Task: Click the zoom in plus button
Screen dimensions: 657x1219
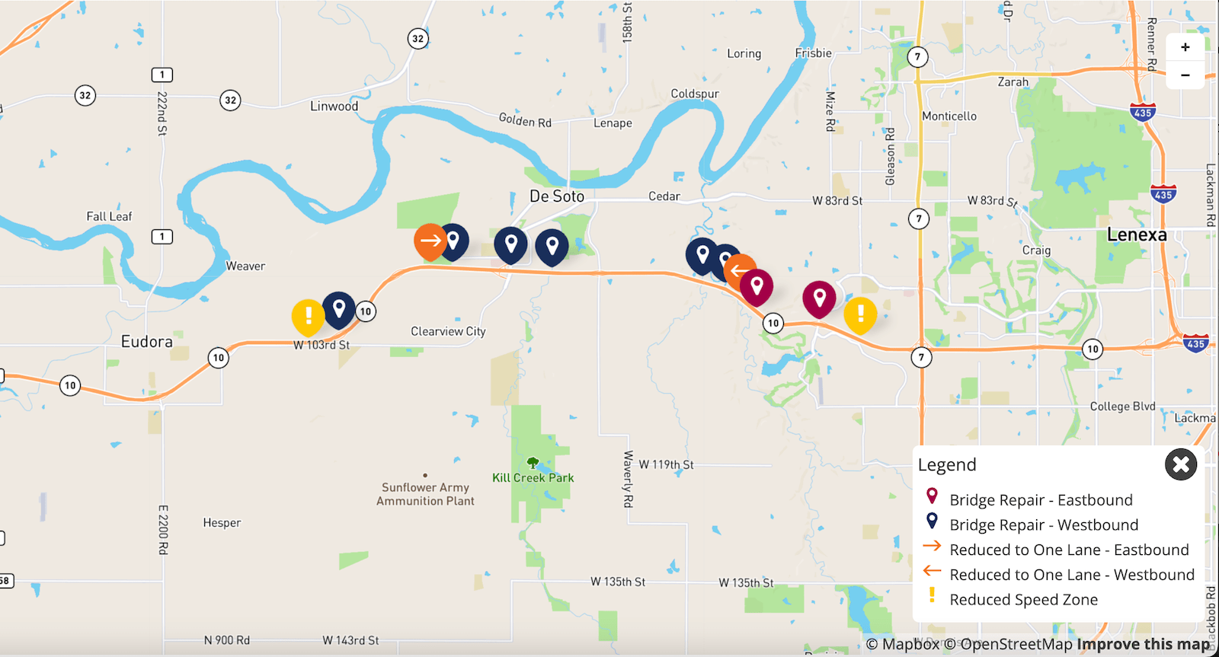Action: point(1185,47)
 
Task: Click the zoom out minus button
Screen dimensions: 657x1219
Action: point(1185,75)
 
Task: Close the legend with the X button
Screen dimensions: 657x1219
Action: point(1180,464)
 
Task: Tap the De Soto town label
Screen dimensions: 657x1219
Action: point(557,196)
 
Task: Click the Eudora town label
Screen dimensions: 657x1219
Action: point(146,342)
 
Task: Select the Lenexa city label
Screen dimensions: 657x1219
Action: point(1136,234)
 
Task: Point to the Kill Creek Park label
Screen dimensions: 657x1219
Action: point(533,478)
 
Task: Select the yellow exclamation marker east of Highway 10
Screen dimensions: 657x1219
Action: point(860,314)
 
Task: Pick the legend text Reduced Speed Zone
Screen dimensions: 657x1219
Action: point(1023,600)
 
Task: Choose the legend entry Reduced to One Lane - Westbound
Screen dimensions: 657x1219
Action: point(1071,575)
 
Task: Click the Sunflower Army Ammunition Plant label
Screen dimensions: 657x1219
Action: point(425,494)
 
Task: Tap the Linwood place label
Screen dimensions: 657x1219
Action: point(334,107)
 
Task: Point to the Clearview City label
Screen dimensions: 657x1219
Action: point(448,331)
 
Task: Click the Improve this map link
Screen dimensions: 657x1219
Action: point(1143,644)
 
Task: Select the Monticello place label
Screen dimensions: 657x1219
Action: point(949,116)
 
